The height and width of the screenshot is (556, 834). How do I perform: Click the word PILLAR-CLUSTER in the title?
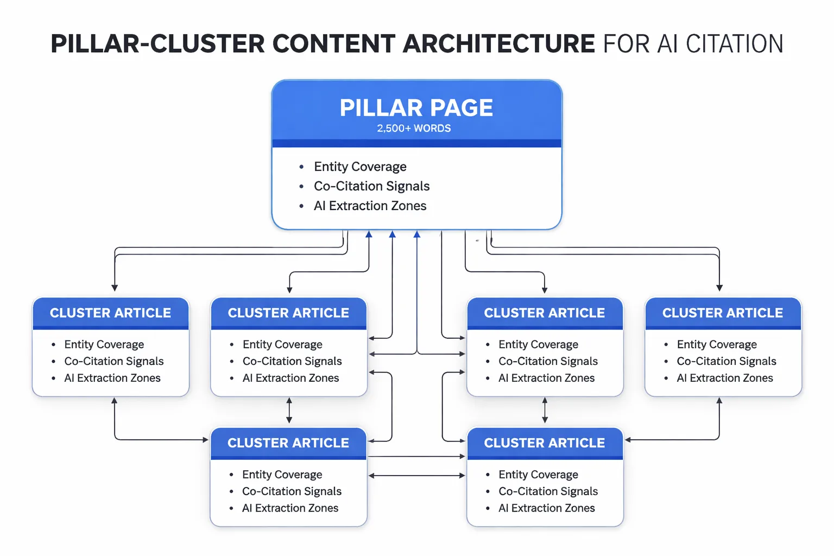pyautogui.click(x=157, y=44)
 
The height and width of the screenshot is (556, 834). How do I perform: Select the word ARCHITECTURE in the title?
pyautogui.click(x=498, y=44)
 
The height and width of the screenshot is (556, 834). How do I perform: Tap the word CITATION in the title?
pyautogui.click(x=734, y=44)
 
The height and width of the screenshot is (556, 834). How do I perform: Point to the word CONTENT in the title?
pyautogui.click(x=333, y=44)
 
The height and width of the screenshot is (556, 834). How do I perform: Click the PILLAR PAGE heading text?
pyautogui.click(x=416, y=108)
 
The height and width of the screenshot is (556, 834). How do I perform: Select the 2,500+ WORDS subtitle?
pyautogui.click(x=414, y=129)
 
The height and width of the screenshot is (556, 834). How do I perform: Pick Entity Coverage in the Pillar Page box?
pyautogui.click(x=360, y=167)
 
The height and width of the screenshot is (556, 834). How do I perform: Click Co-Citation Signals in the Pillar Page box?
pyautogui.click(x=371, y=186)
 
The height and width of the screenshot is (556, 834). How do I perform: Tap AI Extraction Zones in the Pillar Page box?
pyautogui.click(x=370, y=206)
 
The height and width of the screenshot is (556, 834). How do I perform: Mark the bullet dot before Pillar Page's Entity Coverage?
pyautogui.click(x=301, y=167)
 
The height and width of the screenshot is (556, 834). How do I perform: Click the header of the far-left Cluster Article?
pyautogui.click(x=110, y=313)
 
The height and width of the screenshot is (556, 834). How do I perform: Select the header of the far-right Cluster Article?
pyautogui.click(x=722, y=313)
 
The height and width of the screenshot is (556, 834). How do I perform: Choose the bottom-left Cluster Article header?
pyautogui.click(x=288, y=443)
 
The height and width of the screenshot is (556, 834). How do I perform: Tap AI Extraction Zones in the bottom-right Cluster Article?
pyautogui.click(x=546, y=508)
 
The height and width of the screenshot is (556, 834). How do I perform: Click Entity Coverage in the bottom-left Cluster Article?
pyautogui.click(x=282, y=475)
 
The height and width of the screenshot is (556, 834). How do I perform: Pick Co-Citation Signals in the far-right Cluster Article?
pyautogui.click(x=726, y=361)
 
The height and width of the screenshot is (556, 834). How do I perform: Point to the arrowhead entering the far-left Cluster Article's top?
pyautogui.click(x=115, y=288)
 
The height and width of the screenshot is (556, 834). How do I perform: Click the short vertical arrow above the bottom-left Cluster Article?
pyautogui.click(x=289, y=410)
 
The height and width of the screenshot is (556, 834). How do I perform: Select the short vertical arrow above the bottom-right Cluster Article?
pyautogui.click(x=545, y=410)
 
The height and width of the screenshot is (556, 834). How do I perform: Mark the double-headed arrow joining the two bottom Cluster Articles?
pyautogui.click(x=416, y=476)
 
